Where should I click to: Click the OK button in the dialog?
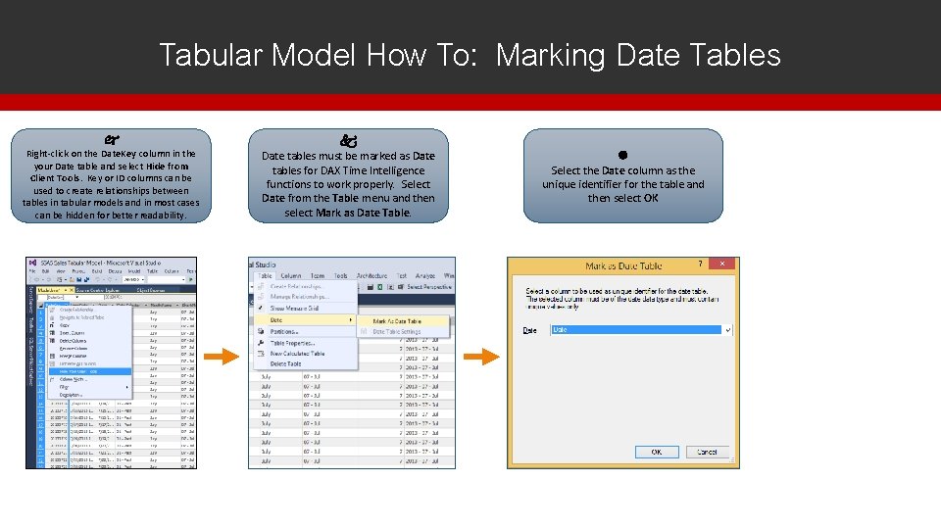tap(657, 452)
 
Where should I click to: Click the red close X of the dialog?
tap(721, 264)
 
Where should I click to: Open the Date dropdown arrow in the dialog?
tap(727, 330)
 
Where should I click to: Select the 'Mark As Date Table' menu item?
tap(397, 320)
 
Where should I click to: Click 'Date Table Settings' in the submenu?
tap(397, 332)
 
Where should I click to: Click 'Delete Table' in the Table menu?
tap(285, 363)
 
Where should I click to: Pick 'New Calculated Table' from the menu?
tap(297, 354)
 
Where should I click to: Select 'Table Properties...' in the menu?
tap(292, 343)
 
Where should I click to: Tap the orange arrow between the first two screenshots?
tap(223, 357)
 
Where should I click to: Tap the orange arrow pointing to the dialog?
tap(480, 357)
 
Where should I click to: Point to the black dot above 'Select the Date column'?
tap(622, 155)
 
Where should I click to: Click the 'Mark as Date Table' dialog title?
tap(623, 265)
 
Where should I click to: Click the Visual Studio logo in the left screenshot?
tap(32, 264)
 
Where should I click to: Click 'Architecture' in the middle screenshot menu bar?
tap(371, 275)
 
